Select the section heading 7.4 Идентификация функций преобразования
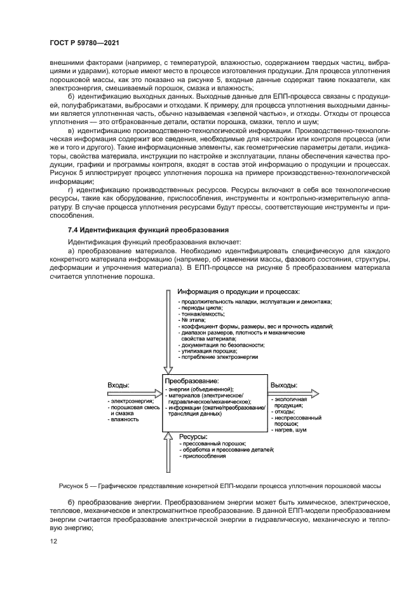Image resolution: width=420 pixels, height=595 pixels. point(149,229)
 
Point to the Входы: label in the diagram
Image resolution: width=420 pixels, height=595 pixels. point(119,386)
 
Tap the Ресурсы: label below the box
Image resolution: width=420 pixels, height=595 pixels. point(195,437)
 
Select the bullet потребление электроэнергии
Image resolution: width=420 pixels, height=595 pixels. point(219,358)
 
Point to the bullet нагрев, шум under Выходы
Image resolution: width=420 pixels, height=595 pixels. point(290,430)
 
